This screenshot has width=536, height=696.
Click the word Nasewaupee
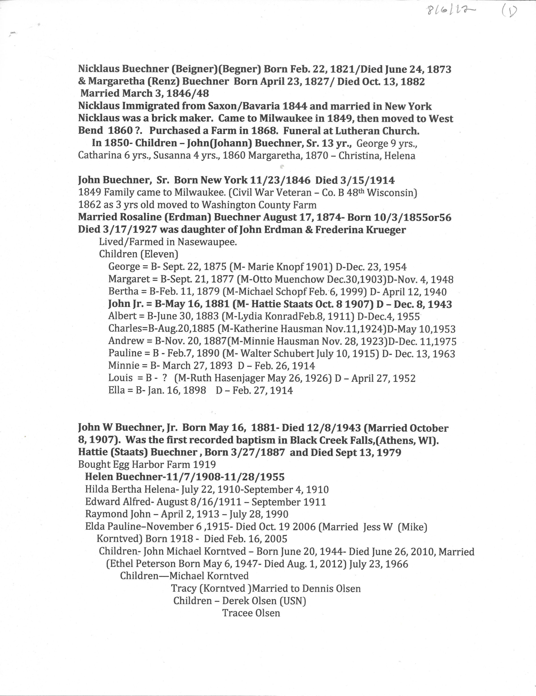tap(207, 242)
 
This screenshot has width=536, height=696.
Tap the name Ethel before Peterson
tap(121, 564)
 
